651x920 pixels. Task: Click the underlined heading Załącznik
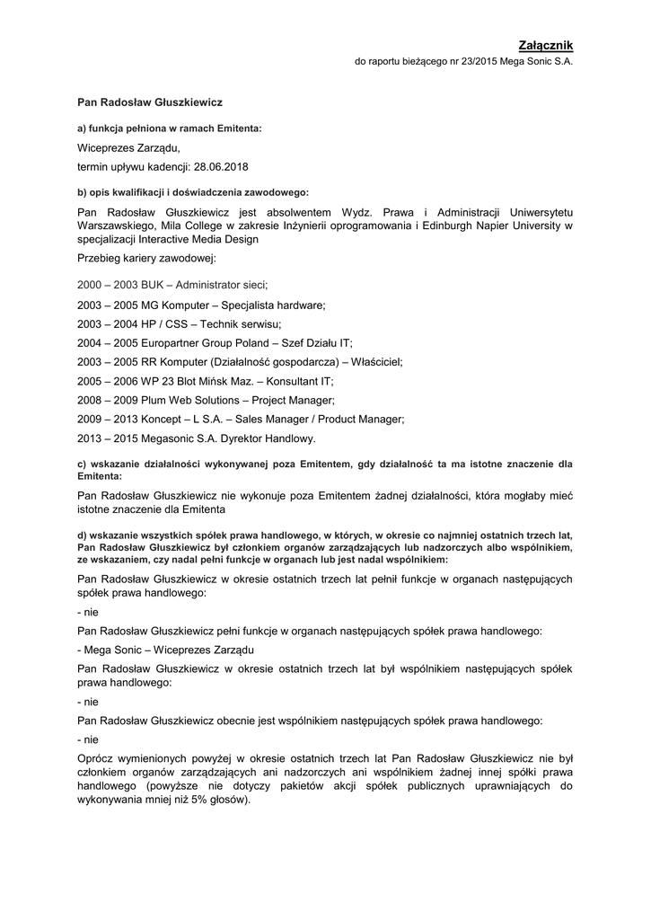[x=545, y=45]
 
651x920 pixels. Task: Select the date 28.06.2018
[x=221, y=167]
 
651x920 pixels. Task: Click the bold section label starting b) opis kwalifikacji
[x=193, y=192]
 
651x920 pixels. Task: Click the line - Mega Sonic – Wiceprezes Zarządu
[x=166, y=649]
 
